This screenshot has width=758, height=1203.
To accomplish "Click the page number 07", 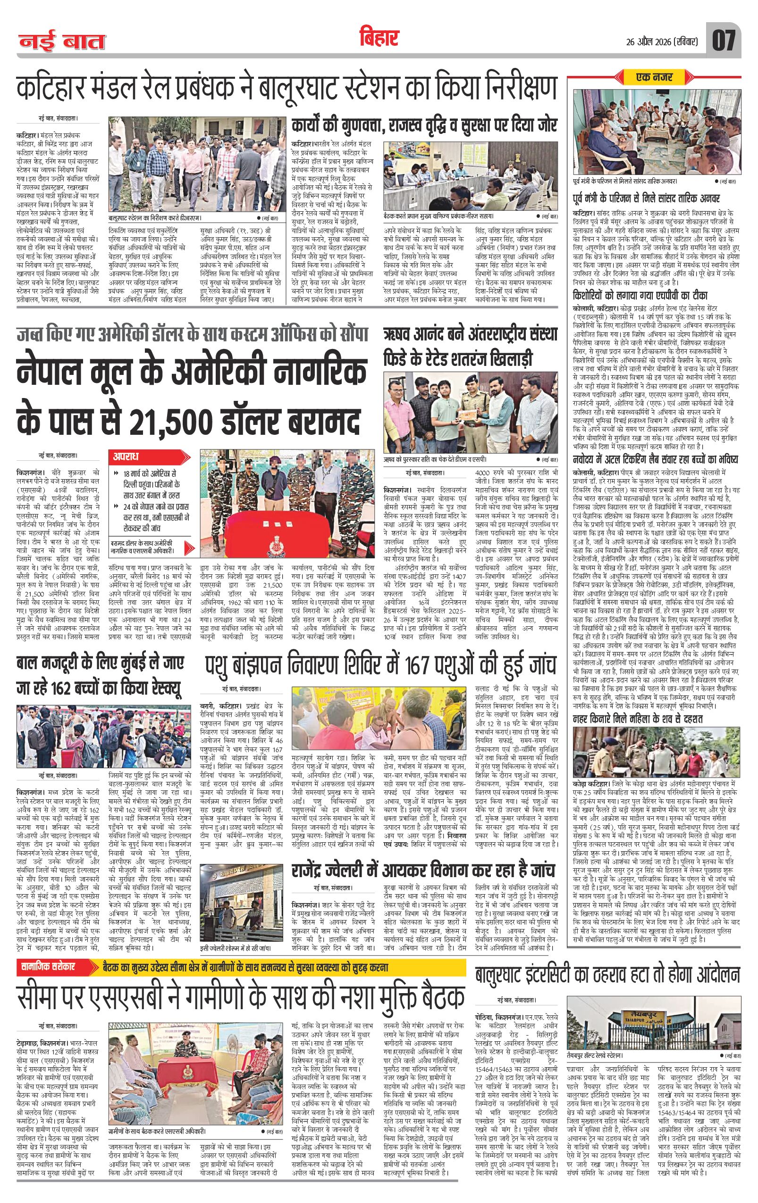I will (724, 40).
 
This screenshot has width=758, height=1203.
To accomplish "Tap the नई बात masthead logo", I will (62, 42).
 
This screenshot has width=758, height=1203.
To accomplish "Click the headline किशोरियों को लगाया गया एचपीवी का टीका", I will (655, 296).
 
